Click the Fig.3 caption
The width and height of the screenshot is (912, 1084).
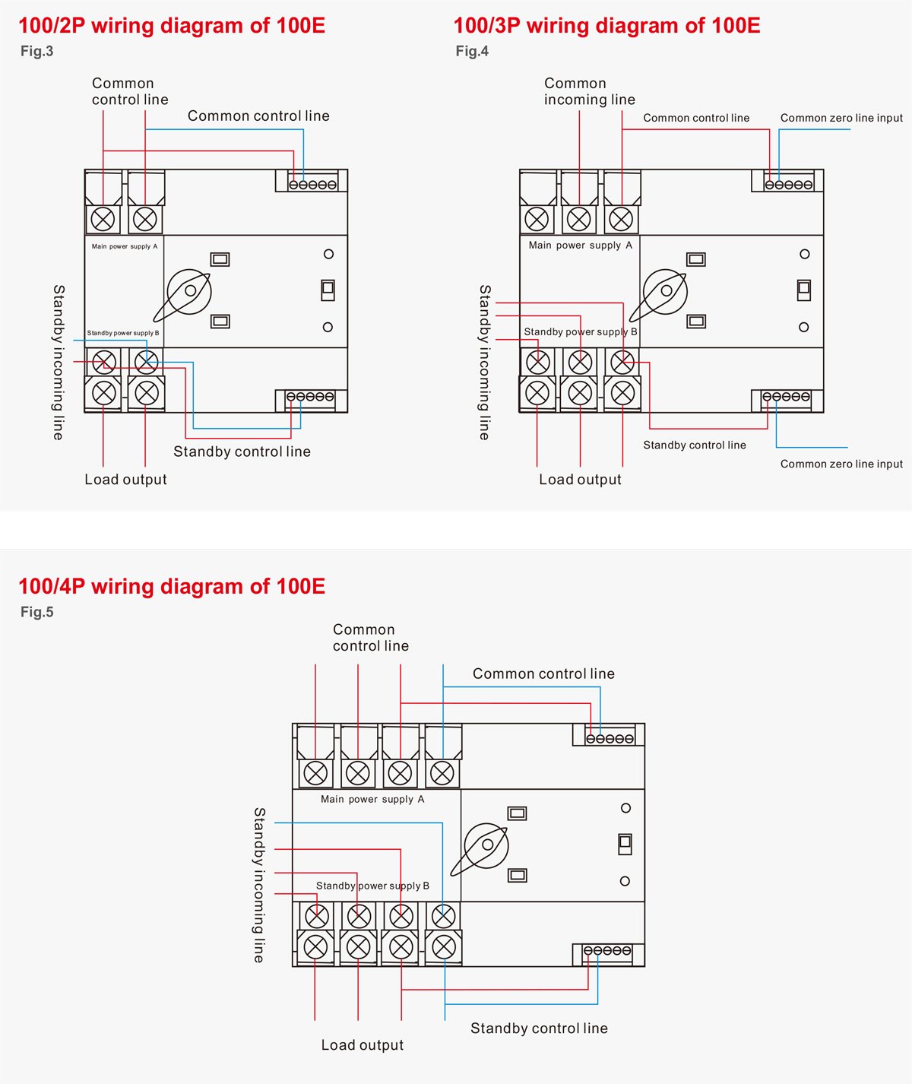tap(36, 52)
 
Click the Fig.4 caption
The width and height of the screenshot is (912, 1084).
tap(472, 52)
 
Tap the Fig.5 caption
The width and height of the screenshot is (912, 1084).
tap(36, 612)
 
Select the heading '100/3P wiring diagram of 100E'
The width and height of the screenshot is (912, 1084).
tap(606, 26)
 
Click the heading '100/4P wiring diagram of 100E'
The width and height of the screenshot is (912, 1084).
tap(172, 586)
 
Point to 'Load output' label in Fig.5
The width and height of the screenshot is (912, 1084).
tap(362, 1045)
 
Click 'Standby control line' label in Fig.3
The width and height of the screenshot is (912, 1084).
tap(242, 452)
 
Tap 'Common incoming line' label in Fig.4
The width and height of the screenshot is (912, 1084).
tap(589, 91)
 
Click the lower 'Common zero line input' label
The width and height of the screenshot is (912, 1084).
tap(841, 464)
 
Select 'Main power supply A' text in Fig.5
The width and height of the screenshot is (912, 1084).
tap(372, 799)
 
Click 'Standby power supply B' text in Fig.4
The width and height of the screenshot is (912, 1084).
tap(580, 331)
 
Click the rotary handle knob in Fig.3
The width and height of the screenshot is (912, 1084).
tap(189, 291)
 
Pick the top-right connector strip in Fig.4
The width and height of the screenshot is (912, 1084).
tap(788, 184)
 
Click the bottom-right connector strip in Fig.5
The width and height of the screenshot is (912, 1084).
tap(607, 951)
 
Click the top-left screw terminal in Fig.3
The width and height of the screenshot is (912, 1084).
tap(103, 219)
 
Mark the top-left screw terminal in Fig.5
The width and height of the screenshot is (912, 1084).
tap(315, 773)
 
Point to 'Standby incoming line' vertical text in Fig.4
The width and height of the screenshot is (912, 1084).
tap(485, 363)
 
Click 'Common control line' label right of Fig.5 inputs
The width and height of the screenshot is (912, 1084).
tap(543, 674)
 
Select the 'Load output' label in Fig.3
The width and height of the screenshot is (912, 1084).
tap(125, 480)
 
